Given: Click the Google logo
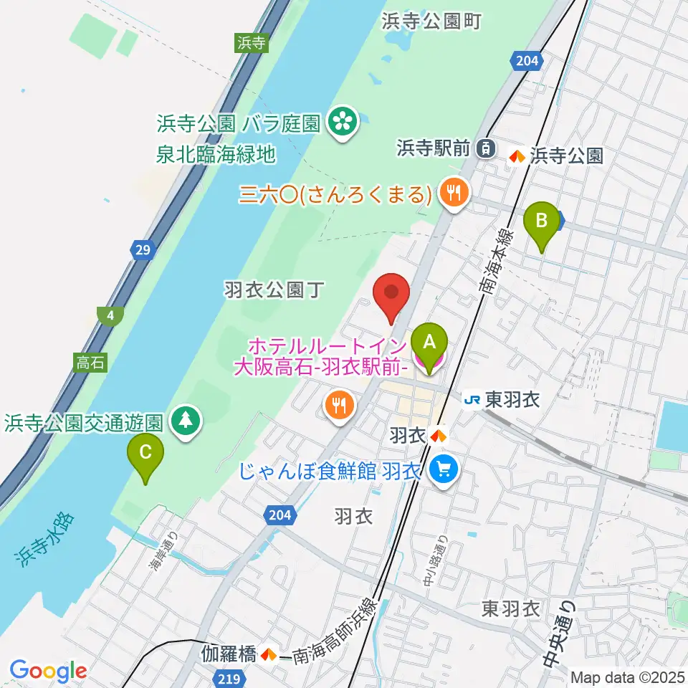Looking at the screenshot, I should coord(48,671).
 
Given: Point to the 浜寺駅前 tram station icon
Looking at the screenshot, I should coord(487,148).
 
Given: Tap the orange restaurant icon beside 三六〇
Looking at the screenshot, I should coord(454,193).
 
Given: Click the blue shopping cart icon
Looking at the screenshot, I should coord(444,471).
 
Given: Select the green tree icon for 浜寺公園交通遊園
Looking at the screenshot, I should coord(186,421).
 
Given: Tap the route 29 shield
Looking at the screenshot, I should coord(142,250).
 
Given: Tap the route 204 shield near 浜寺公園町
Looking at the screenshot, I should coord(526,62).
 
